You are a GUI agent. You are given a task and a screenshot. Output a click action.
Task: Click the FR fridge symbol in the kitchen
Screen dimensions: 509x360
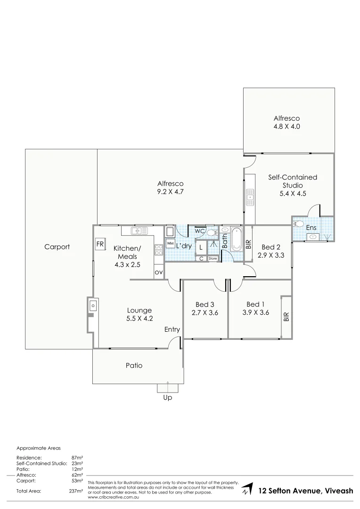[100, 244]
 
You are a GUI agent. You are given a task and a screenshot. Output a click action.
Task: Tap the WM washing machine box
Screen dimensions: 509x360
[170, 243]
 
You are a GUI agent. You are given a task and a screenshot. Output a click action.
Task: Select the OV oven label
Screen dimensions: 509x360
[159, 272]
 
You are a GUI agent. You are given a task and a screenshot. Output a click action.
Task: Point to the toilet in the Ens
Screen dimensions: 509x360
[297, 224]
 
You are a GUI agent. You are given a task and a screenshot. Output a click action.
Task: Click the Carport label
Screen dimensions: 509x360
[57, 246]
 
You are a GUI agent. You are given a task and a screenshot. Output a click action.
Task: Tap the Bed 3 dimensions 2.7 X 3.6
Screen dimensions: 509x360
[205, 312]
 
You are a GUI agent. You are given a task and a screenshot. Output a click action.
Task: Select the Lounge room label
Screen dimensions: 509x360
[139, 310]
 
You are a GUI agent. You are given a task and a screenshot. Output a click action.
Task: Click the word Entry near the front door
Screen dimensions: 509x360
[172, 329]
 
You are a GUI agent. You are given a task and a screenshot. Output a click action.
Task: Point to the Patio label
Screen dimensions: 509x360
[134, 365]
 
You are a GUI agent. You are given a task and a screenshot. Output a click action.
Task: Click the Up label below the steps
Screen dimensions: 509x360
[168, 398]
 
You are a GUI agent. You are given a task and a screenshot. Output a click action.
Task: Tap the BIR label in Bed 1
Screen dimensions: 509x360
[286, 317]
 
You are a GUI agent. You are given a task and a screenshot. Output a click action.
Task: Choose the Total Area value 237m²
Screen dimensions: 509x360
[76, 491]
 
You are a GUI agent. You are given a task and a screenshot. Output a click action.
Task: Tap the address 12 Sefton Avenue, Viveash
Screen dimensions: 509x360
[306, 491]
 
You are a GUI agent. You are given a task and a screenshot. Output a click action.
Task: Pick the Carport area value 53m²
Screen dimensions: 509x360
[77, 481]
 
